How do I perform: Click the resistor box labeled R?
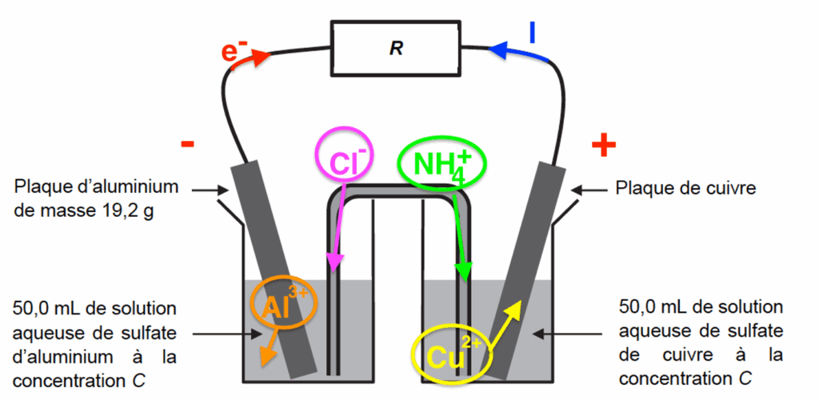tap(397, 48)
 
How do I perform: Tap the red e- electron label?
tap(235, 52)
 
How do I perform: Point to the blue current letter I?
tap(533, 31)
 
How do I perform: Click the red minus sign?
tap(187, 144)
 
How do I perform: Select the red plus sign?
tap(604, 145)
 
